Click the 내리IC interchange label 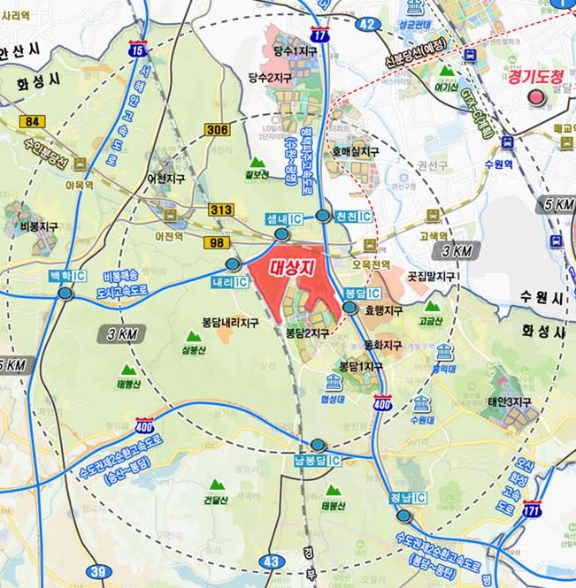(229, 281)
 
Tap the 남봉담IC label (318, 461)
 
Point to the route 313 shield (221, 210)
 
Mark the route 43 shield (273, 561)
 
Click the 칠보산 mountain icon (258, 164)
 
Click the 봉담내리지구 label (228, 324)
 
